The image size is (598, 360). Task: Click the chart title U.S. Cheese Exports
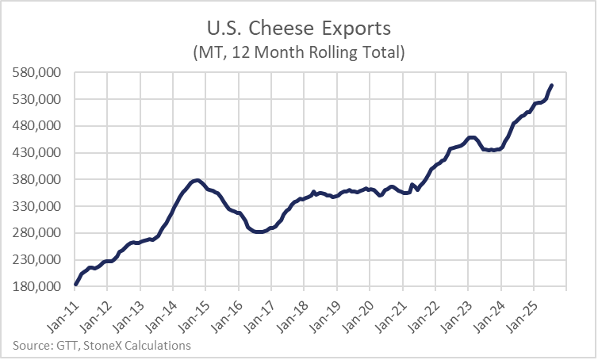click(299, 29)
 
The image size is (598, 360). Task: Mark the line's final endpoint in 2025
click(552, 86)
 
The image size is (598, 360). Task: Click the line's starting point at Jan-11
click(75, 284)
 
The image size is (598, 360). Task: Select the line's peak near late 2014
click(197, 181)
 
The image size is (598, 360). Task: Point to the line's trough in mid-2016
click(258, 232)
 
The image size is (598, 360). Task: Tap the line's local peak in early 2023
click(471, 137)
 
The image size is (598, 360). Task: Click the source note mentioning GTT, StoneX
click(102, 345)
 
